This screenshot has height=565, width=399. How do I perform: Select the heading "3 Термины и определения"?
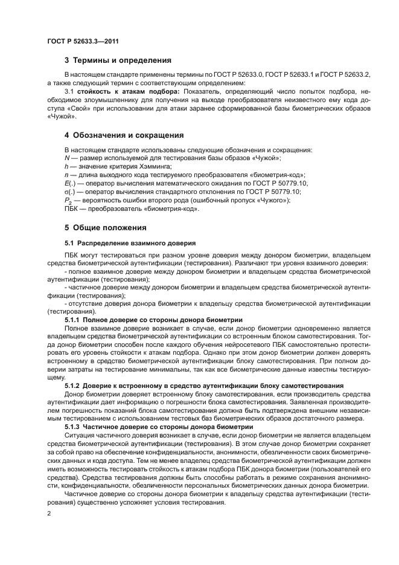click(118, 60)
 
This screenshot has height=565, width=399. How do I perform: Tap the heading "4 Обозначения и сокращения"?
click(124, 135)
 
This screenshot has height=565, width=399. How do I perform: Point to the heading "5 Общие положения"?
click(106, 228)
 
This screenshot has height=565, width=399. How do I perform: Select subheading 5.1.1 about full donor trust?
click(153, 319)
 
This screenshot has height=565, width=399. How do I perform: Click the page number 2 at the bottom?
click(49, 514)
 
